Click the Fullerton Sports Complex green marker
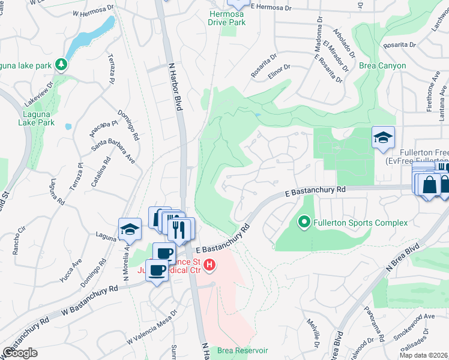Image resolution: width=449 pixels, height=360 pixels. click(x=304, y=223)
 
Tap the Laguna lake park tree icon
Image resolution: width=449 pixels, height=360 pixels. click(x=60, y=64)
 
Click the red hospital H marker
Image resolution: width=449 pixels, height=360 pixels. click(x=209, y=264)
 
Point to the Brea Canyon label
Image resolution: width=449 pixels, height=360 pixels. click(x=383, y=66)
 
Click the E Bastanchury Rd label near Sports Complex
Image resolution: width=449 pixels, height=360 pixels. click(x=316, y=191)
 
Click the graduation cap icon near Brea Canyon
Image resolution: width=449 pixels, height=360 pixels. click(x=383, y=138)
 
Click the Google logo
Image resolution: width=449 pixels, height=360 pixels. click(x=20, y=353)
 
